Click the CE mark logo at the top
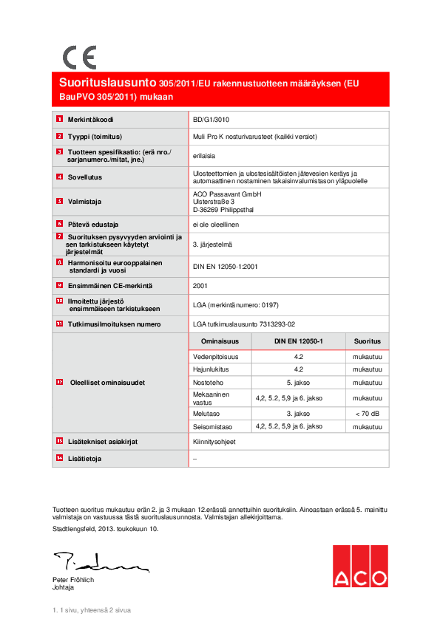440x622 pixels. pyautogui.click(x=78, y=57)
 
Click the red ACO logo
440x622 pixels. pyautogui.click(x=359, y=567)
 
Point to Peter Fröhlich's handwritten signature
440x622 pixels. pyautogui.click(x=100, y=564)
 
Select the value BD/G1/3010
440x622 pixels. pyautogui.click(x=210, y=119)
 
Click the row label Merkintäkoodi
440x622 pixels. pyautogui.click(x=91, y=119)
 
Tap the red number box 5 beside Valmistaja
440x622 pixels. pyautogui.click(x=59, y=201)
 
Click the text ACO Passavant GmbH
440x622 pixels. pyautogui.click(x=226, y=194)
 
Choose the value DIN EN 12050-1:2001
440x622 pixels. pyautogui.click(x=225, y=267)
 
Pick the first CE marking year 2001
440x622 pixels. pyautogui.click(x=200, y=284)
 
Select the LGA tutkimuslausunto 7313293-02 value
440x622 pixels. pyautogui.click(x=243, y=324)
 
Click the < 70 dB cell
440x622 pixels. pyautogui.click(x=367, y=414)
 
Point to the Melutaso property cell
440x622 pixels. pyautogui.click(x=208, y=414)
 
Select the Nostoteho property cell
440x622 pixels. pyautogui.click(x=209, y=382)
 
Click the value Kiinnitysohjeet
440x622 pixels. pyautogui.click(x=214, y=441)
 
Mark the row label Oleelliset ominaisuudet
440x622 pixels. pyautogui.click(x=106, y=383)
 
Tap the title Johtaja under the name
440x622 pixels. pyautogui.click(x=64, y=587)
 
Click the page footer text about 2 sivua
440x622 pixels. pyautogui.click(x=91, y=610)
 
